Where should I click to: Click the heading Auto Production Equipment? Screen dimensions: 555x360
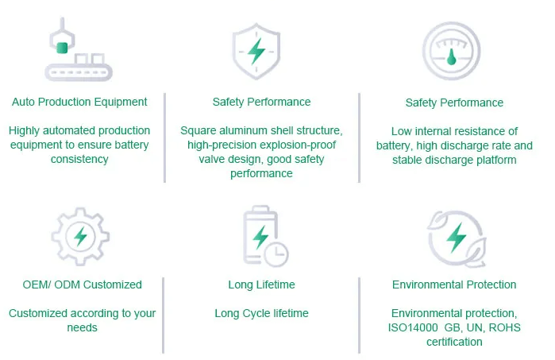79,102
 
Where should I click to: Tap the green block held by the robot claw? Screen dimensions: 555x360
62,48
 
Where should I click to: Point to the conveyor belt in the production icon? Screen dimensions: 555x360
79,72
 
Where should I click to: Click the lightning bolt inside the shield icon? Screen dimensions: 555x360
256,51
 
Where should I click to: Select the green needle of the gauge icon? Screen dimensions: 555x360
451,57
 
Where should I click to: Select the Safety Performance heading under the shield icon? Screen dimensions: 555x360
261,102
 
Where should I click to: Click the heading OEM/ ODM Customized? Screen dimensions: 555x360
82,285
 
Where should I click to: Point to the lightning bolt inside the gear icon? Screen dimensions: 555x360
81,236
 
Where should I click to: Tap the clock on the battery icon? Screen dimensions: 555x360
277,254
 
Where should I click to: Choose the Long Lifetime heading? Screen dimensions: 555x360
261,285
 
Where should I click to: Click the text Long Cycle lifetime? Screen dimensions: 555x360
261,313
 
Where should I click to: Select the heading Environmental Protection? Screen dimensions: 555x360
454,285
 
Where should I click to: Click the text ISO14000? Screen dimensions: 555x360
413,327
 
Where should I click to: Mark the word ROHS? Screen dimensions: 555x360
504,327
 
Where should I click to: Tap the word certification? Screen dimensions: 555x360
454,342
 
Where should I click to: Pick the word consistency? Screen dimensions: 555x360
79,159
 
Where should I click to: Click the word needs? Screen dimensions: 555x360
82,327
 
